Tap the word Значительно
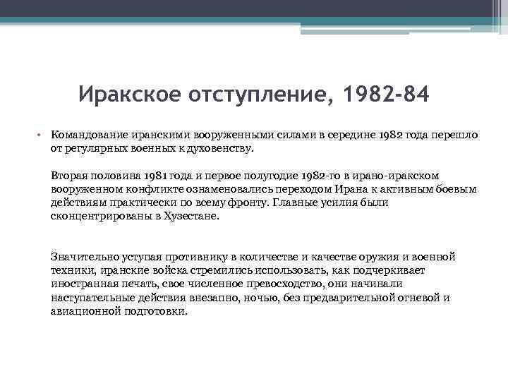(x=83, y=257)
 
